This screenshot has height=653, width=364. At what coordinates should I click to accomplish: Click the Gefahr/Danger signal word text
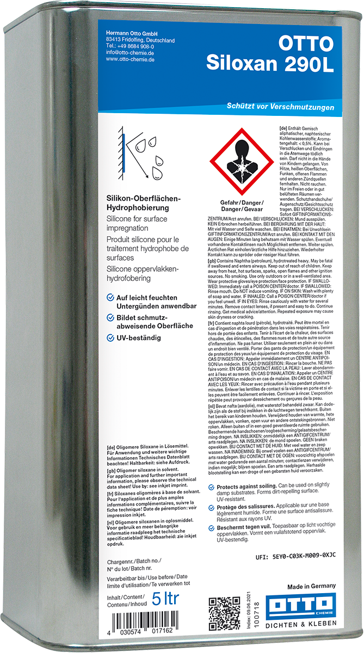[242, 202]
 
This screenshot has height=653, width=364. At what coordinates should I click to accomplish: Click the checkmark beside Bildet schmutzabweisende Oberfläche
[110, 317]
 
